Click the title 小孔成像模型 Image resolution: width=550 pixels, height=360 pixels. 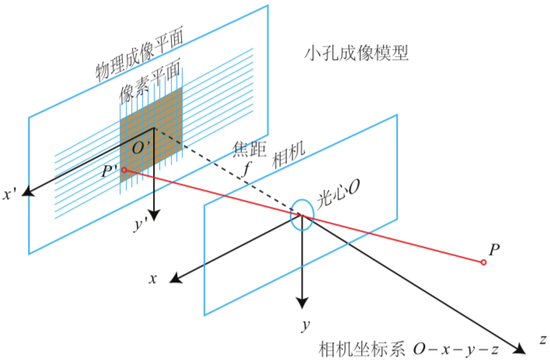(x=357, y=53)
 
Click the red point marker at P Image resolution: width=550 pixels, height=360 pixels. (x=483, y=262)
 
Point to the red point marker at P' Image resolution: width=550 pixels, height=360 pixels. (x=124, y=170)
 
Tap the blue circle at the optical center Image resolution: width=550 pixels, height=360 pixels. (x=302, y=215)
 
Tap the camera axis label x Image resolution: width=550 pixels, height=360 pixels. (x=155, y=278)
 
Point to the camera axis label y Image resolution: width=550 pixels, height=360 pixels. (x=307, y=321)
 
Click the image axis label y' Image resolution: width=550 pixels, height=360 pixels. (x=141, y=225)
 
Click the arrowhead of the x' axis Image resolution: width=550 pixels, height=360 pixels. (x=27, y=192)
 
